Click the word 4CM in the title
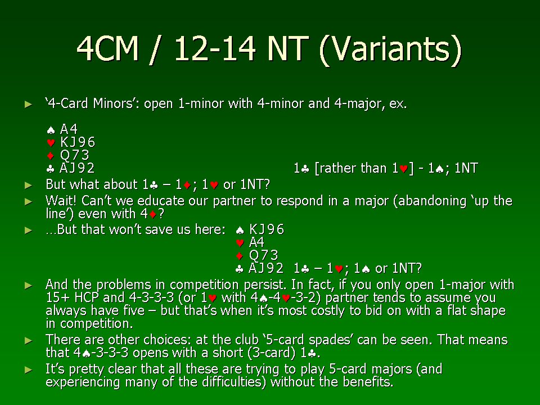click(107, 48)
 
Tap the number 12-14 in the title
click(215, 48)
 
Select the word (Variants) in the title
click(390, 50)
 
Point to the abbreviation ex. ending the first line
click(398, 104)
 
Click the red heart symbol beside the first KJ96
click(51, 142)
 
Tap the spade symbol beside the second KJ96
click(240, 230)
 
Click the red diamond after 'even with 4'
click(153, 215)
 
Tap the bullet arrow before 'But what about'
click(29, 185)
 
